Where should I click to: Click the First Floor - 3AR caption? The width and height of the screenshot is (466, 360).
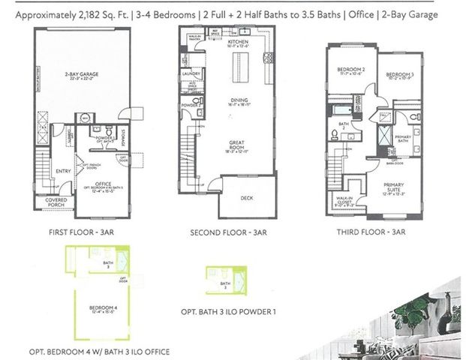(x=79, y=232)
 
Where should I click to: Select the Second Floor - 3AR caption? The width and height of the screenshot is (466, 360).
(x=230, y=232)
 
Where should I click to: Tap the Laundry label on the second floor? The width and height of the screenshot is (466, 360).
(x=191, y=74)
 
